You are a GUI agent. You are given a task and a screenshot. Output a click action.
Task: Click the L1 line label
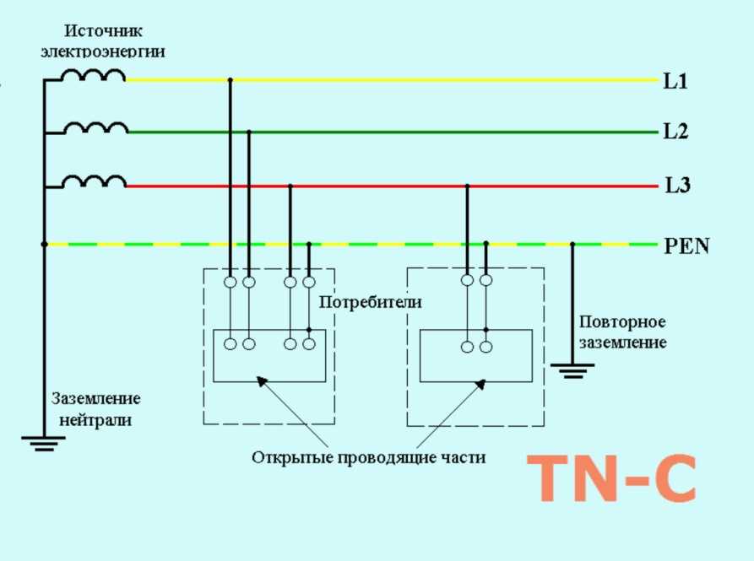click(676, 82)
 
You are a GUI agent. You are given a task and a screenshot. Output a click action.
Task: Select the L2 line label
click(676, 132)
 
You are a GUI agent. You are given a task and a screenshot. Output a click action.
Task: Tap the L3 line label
click(677, 186)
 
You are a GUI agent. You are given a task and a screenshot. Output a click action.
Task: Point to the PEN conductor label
click(686, 246)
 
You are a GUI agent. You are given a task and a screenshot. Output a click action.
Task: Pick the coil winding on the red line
click(95, 181)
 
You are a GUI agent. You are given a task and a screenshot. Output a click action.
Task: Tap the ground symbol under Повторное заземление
click(572, 369)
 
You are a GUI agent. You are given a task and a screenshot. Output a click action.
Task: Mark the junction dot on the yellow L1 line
click(230, 80)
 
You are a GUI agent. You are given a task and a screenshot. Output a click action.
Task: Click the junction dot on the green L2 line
click(248, 132)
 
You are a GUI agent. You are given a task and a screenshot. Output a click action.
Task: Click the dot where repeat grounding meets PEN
click(572, 245)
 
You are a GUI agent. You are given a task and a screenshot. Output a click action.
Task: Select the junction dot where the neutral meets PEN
click(44, 245)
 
